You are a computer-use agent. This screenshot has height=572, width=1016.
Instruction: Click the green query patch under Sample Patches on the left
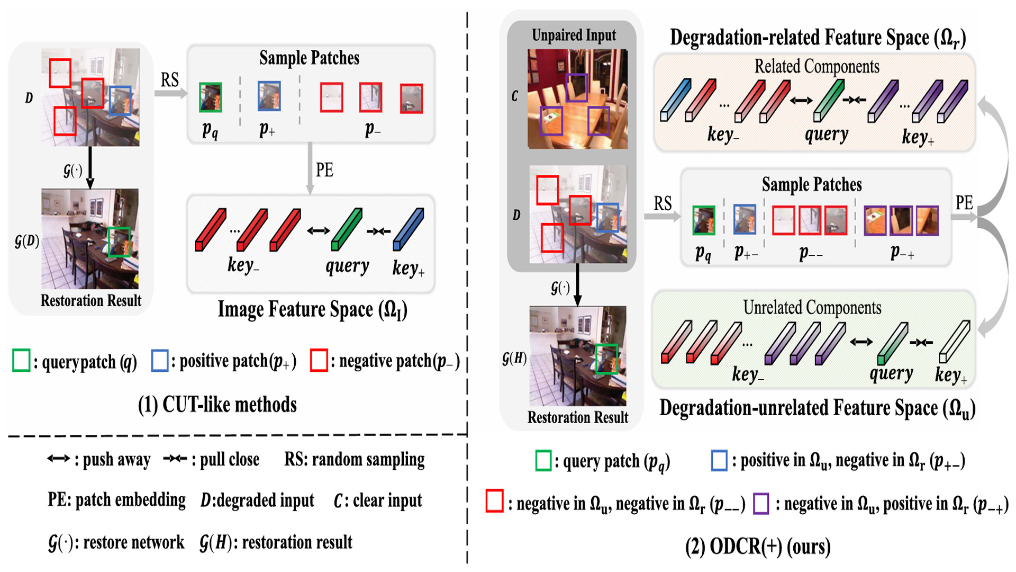tap(210, 97)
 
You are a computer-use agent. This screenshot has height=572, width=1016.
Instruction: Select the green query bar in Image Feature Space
tap(347, 229)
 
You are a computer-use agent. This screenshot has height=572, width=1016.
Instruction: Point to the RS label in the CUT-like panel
tap(169, 80)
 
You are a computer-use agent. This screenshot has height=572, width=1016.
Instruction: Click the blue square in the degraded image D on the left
tap(120, 101)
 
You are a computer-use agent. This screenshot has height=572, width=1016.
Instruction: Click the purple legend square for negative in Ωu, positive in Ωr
tap(761, 503)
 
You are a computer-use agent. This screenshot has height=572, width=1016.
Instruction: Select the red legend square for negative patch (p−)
tap(319, 360)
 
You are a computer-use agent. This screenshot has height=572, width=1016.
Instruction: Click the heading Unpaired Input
tap(574, 35)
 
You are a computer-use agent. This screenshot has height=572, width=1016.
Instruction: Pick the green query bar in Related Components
tap(828, 101)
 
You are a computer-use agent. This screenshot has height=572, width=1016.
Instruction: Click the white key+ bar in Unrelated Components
tap(954, 342)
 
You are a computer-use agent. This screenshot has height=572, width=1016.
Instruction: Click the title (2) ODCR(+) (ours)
tap(757, 547)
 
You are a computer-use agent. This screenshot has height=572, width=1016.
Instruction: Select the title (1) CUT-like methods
tap(217, 405)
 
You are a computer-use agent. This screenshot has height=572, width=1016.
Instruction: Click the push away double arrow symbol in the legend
tap(58, 459)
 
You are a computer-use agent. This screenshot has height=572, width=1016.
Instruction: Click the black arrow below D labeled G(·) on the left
tap(90, 167)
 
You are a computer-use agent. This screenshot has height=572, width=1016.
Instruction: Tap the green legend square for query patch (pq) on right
tap(543, 461)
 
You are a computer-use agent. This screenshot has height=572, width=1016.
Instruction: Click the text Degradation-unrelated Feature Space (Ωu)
tap(817, 408)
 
